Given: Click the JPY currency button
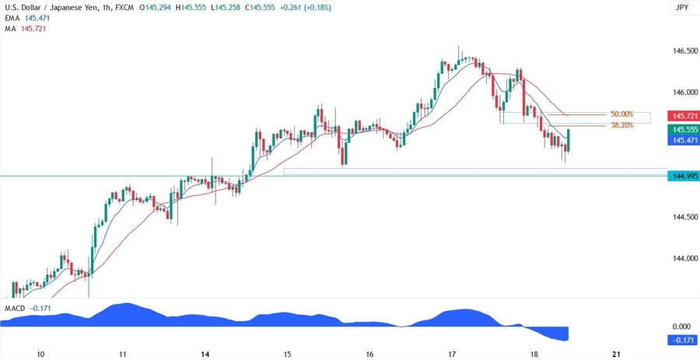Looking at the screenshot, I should pyautogui.click(x=682, y=8).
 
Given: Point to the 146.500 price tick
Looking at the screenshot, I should pyautogui.click(x=684, y=51).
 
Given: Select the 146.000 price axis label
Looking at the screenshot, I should pyautogui.click(x=684, y=93).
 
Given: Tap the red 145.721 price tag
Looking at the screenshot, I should pyautogui.click(x=684, y=116).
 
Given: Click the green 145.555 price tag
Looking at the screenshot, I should pyautogui.click(x=684, y=129).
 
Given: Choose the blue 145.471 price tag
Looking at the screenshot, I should pyautogui.click(x=684, y=140).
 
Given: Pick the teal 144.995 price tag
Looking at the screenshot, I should pyautogui.click(x=684, y=177).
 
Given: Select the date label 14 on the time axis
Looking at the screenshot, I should pyautogui.click(x=205, y=354).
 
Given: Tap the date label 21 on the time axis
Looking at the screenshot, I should pyautogui.click(x=615, y=354).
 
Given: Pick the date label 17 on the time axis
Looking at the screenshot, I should pyautogui.click(x=451, y=354).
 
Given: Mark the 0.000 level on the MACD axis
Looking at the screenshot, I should pyautogui.click(x=682, y=327).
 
